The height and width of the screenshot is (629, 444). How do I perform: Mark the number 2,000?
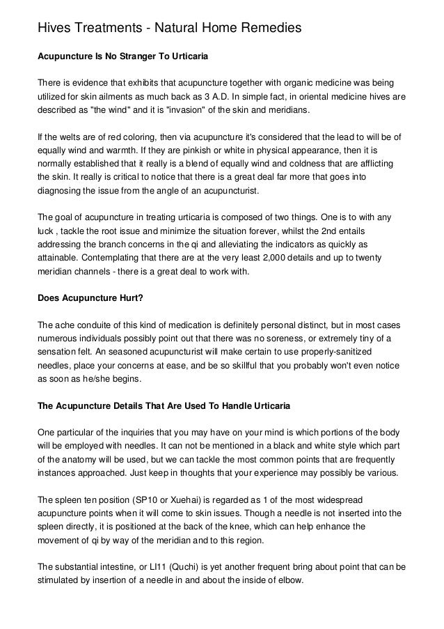click(x=291, y=258)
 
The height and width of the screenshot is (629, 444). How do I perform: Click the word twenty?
click(x=387, y=258)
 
